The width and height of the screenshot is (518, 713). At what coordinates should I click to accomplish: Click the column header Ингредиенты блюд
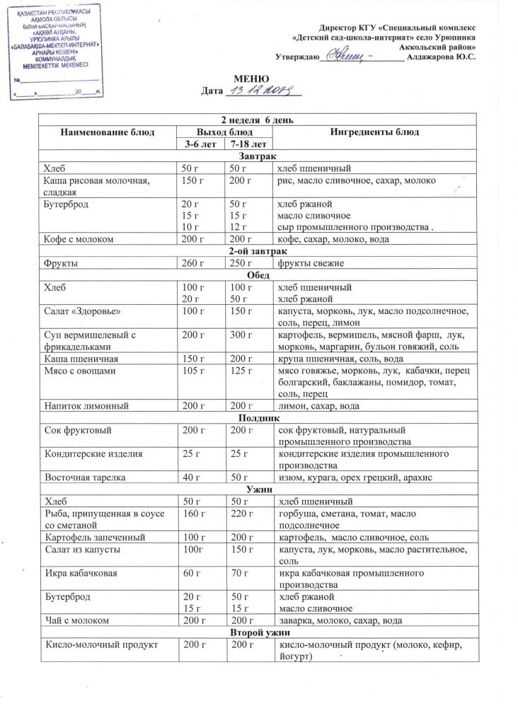(x=374, y=132)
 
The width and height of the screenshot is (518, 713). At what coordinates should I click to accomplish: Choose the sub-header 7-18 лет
(x=243, y=144)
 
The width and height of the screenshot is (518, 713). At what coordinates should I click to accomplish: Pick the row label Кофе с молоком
(x=79, y=239)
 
